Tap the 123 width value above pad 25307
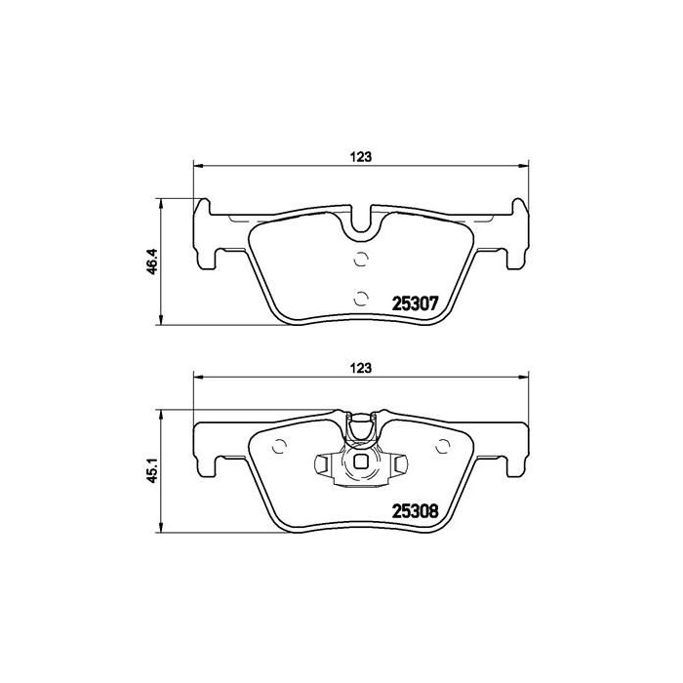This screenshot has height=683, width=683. click(x=362, y=155)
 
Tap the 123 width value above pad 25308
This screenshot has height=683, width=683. click(x=362, y=368)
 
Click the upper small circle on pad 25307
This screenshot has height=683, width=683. click(x=360, y=260)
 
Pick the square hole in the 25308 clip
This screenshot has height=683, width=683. click(x=362, y=463)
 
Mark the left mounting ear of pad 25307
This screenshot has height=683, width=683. click(x=206, y=234)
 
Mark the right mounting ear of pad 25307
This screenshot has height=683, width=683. click(x=518, y=234)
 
